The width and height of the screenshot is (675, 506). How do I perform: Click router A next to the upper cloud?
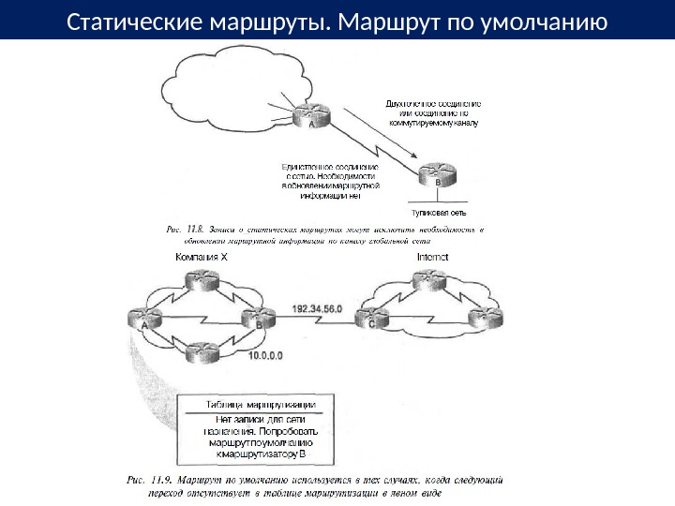[307, 117]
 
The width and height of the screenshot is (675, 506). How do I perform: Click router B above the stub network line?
[435, 173]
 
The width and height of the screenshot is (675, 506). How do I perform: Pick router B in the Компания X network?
[253, 319]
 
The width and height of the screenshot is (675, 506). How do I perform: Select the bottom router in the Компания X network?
[201, 353]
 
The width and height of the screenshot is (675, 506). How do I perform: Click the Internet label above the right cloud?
[432, 257]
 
